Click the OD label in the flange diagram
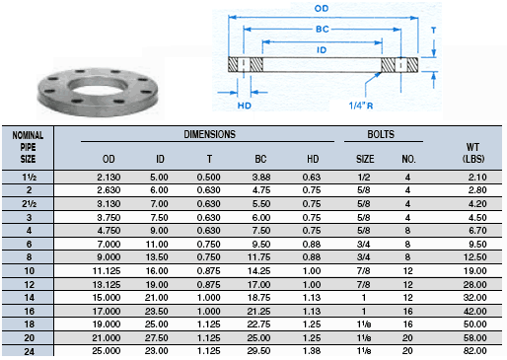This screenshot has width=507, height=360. pos(322,8)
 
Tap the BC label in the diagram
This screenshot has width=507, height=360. pos(323,30)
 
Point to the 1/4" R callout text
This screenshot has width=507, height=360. pos(361,106)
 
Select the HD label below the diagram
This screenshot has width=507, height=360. pos(245,106)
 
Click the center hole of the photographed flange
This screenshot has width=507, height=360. pos(98,87)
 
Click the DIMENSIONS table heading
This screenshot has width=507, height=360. pos(210,134)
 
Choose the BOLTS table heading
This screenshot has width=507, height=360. pos(381,134)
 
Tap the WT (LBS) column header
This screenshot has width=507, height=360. pos(473,153)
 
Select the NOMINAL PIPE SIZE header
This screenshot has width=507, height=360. pos(28,147)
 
